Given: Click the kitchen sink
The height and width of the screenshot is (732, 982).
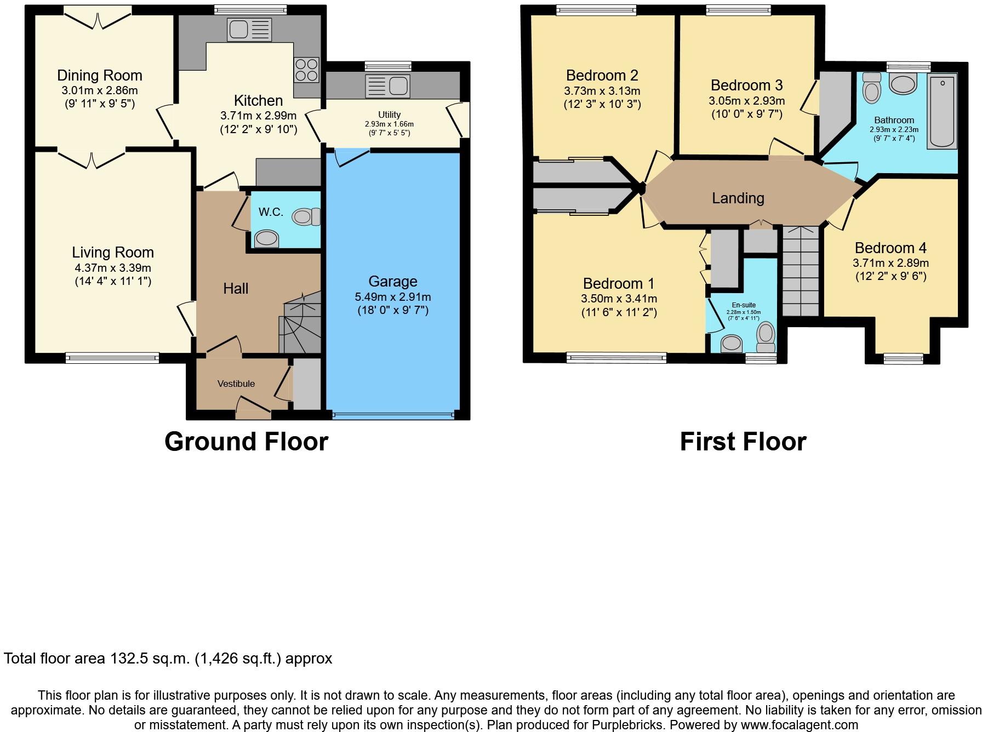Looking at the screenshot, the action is [x=249, y=30].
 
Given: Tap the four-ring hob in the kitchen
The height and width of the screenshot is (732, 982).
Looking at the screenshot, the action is [x=306, y=70].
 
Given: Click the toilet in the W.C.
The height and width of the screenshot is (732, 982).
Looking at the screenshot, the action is [x=306, y=217].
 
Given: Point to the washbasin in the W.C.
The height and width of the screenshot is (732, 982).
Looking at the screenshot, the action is [x=267, y=239].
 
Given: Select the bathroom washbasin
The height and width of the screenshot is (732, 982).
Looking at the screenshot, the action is [x=903, y=84].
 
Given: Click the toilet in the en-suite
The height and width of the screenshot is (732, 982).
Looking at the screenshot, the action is [x=766, y=337].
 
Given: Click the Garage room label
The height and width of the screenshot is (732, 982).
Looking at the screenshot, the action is [x=393, y=282].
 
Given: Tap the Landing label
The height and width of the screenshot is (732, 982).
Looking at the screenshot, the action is [x=738, y=198].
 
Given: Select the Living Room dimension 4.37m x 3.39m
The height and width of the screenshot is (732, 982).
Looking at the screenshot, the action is [x=113, y=268].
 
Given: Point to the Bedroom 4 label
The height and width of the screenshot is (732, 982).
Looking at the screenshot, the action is [x=890, y=248].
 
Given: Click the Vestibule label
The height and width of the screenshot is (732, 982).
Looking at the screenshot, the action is [x=236, y=384].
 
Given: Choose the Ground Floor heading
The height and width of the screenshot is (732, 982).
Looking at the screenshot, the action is [x=246, y=442].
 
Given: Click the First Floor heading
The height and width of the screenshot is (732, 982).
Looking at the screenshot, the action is [x=743, y=442].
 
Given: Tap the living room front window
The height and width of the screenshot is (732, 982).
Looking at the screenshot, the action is [x=112, y=358].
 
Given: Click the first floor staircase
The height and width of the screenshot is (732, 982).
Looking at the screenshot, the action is [x=801, y=271].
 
